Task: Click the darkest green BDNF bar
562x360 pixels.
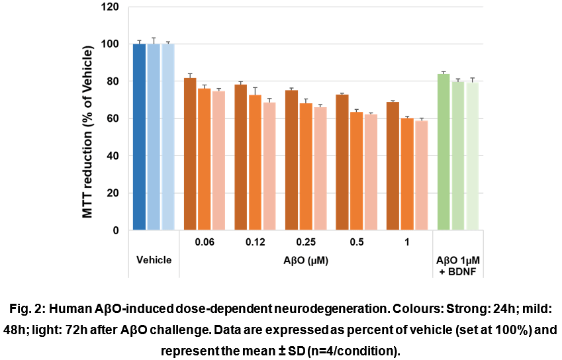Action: [444, 152]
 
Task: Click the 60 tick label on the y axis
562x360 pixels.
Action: [113, 119]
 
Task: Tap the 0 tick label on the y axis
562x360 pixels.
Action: [116, 231]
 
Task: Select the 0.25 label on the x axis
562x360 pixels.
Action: [306, 242]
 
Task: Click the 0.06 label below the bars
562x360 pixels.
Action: [204, 242]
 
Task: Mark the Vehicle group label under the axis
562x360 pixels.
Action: [154, 260]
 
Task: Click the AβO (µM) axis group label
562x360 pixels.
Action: [306, 260]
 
